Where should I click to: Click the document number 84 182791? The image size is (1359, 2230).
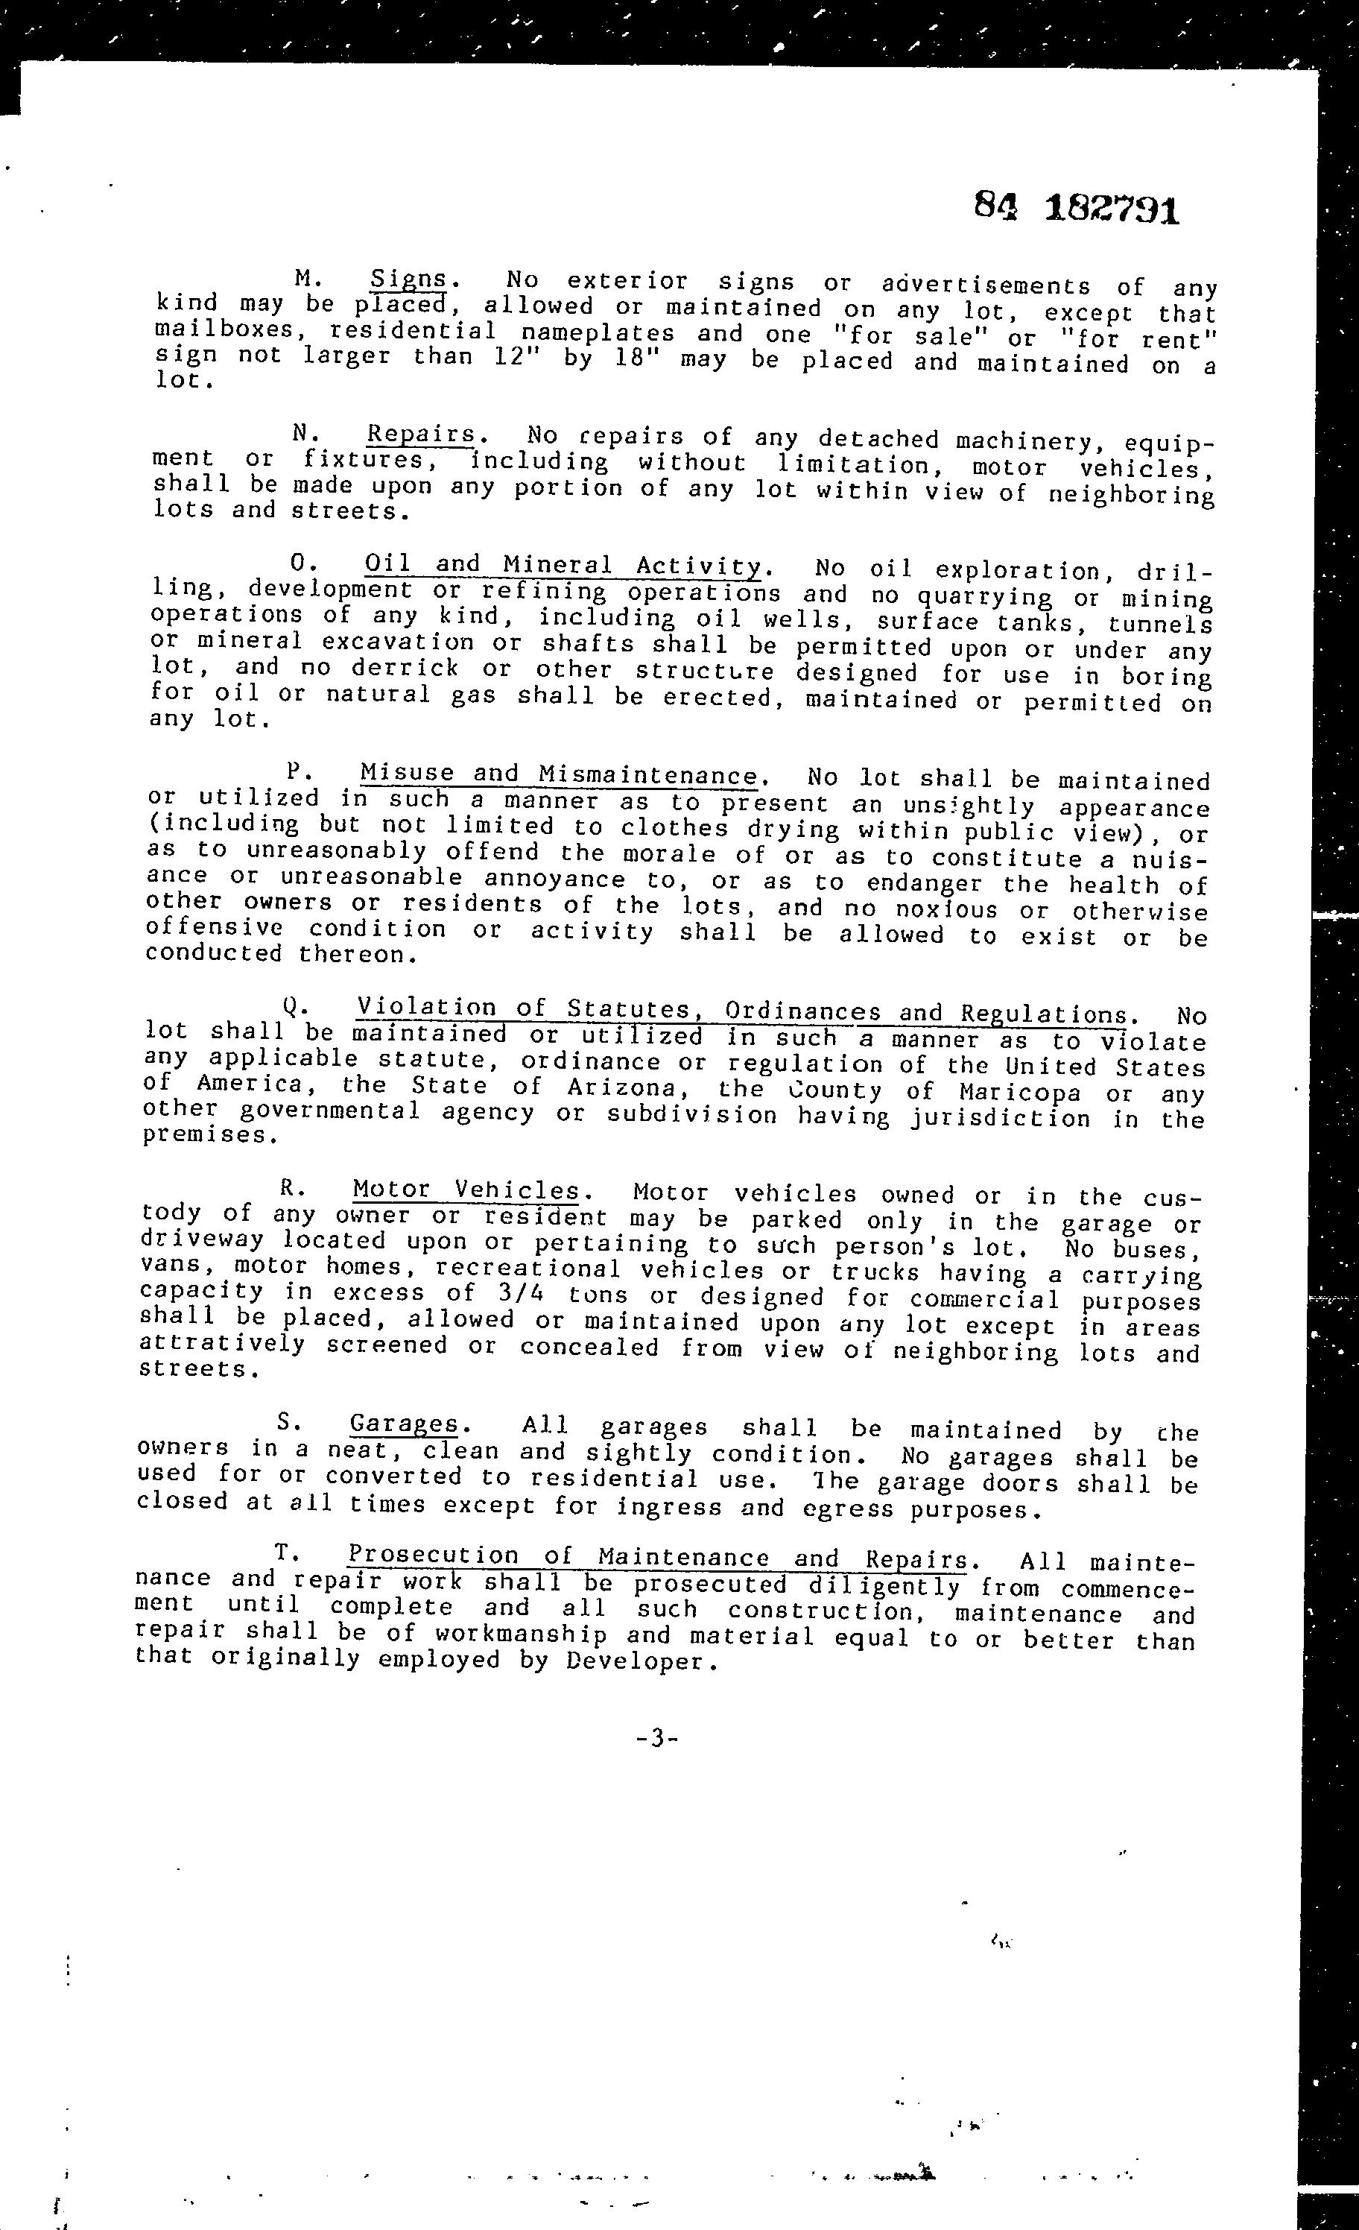point(1077,209)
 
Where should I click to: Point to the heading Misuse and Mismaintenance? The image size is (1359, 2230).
point(558,774)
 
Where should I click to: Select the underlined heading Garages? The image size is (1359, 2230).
point(404,1424)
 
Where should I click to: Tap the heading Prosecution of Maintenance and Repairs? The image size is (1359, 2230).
point(658,1558)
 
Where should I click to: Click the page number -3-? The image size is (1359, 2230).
point(657,1739)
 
